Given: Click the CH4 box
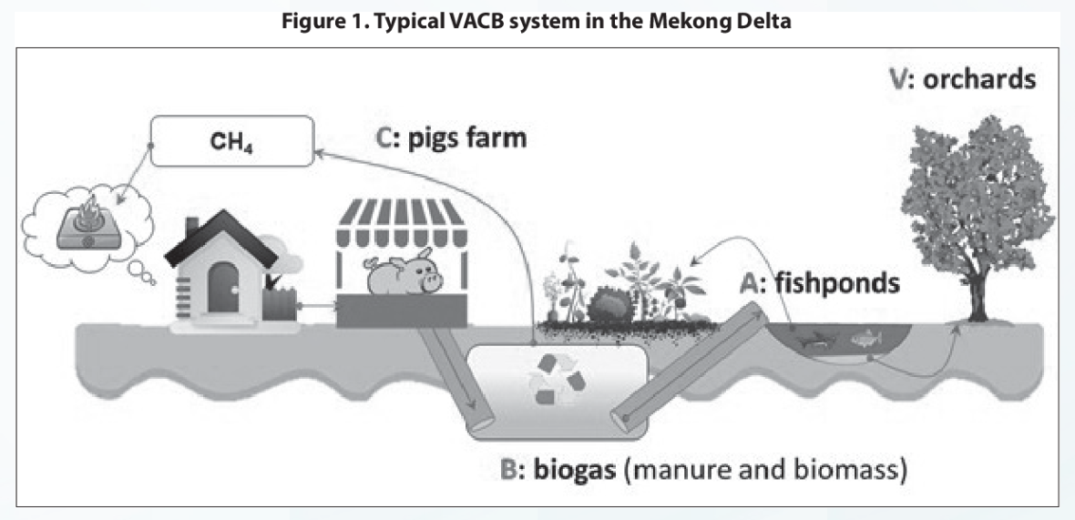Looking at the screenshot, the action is point(231,142).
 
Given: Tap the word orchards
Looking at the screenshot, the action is point(979,79).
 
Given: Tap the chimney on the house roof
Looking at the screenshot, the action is point(192,227).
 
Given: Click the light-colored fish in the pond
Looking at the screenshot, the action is point(865,338).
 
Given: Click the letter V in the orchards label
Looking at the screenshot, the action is point(900,79).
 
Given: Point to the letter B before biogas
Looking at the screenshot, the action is point(510,472).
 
